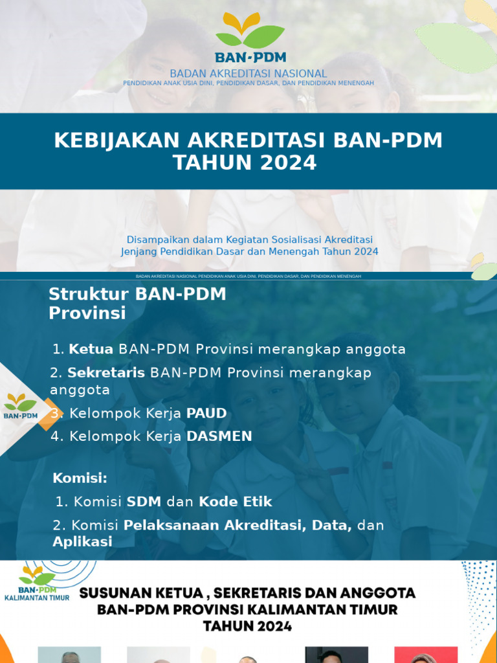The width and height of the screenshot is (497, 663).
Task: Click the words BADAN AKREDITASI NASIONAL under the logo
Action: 248,74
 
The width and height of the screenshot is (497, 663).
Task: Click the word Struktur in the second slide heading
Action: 89,294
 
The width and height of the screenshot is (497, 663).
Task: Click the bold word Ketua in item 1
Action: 91,350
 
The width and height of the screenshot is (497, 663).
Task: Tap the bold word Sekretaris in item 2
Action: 107,373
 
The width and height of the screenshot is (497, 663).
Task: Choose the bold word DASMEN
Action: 219,436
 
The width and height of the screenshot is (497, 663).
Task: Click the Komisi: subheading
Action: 80,478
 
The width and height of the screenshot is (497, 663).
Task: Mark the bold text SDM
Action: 144,502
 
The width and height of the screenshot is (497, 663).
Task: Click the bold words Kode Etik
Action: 236,502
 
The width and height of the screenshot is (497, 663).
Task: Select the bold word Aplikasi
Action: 82,541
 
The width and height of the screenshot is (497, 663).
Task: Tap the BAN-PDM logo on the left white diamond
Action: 21,406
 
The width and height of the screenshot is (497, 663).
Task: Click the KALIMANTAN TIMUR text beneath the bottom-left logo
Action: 37,599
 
